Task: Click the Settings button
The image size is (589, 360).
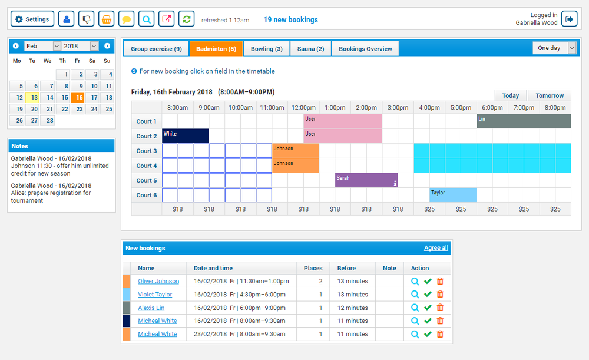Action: click(32, 19)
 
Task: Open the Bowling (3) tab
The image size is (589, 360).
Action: click(266, 49)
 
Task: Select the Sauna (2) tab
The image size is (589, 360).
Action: click(310, 49)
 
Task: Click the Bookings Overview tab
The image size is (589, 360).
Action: click(365, 49)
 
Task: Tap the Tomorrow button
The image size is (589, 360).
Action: click(549, 95)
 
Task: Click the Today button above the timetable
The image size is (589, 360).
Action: click(510, 95)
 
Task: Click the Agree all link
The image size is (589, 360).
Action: click(436, 248)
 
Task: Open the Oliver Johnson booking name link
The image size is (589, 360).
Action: click(158, 281)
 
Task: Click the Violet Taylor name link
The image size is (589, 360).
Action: click(155, 295)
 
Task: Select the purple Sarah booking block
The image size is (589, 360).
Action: click(366, 180)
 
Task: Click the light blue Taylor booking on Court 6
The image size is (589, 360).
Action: click(452, 195)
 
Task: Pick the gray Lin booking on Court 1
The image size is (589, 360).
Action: click(523, 121)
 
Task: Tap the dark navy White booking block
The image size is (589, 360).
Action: click(185, 136)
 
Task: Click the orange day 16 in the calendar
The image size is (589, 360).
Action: click(78, 98)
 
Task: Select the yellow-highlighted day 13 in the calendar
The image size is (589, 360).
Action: click(32, 98)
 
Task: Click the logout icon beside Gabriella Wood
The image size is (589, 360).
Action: click(569, 19)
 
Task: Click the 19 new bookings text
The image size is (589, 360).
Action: click(290, 20)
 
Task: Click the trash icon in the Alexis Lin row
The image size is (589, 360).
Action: click(439, 308)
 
